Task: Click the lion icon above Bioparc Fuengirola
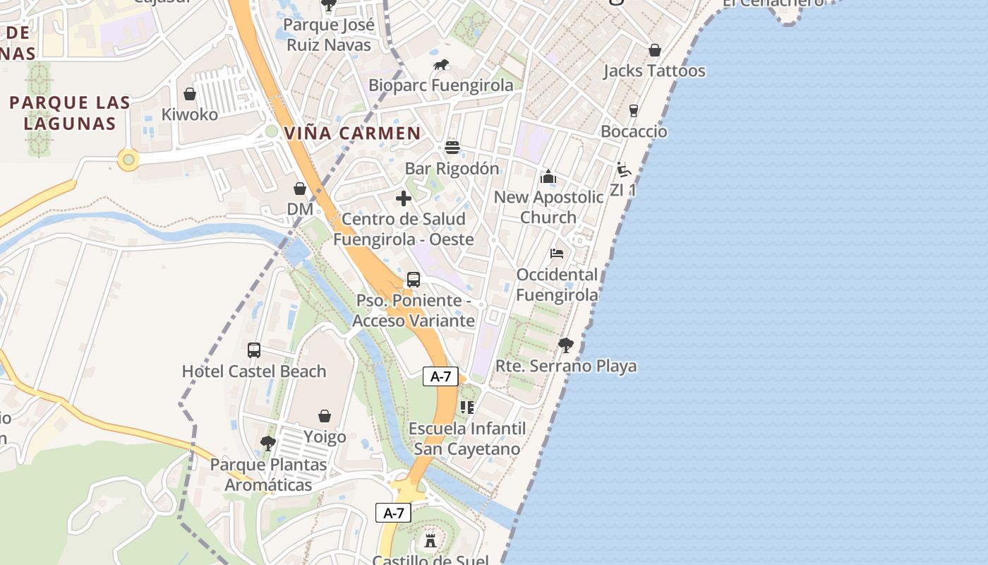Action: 441,66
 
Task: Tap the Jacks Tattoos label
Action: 654,71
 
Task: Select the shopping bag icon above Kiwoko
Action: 189,94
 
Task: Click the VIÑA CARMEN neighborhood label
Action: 352,133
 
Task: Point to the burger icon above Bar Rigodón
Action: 452,148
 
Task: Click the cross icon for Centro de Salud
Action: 404,198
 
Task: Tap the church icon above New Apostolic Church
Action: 548,177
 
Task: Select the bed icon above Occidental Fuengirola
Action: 557,254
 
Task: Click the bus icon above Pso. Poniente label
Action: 414,280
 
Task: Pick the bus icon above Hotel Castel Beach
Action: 254,350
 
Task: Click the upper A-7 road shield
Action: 440,376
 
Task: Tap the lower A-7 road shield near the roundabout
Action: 393,513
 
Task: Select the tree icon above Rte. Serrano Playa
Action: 565,345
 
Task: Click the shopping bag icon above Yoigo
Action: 325,416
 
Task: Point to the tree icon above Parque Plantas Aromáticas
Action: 267,444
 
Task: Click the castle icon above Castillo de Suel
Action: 430,542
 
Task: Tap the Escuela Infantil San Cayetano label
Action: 467,439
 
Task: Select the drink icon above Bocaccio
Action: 633,111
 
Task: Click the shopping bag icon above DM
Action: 300,189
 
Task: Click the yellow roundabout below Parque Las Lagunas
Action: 128,160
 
